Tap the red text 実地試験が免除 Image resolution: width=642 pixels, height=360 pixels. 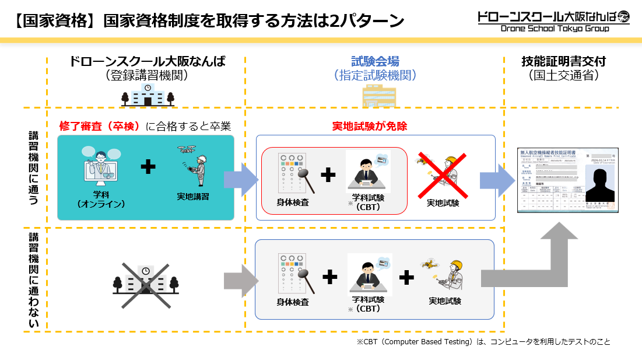pos(369,127)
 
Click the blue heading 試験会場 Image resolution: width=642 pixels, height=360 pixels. pos(375,61)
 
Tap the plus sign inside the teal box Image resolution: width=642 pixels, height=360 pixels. pos(148,168)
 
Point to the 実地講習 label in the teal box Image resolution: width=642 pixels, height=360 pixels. pos(193,197)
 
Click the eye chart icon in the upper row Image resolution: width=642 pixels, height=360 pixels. pos(292,174)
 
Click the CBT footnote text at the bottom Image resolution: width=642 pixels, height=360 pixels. pos(483,342)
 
